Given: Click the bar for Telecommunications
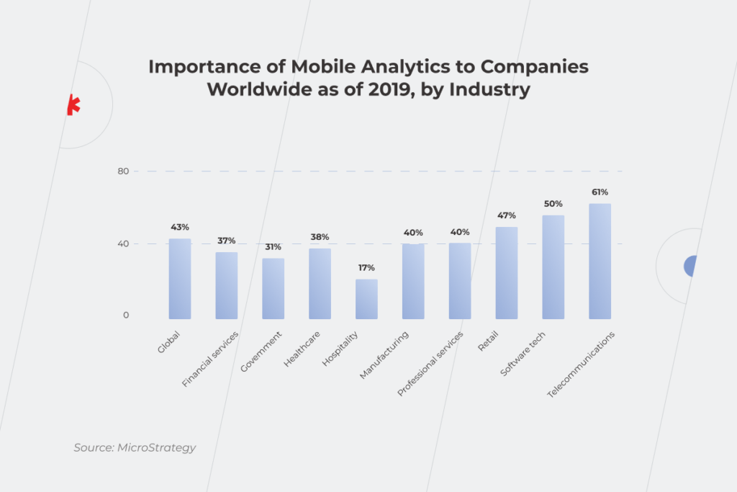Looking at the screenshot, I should (x=600, y=261).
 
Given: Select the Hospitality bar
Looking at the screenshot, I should (x=366, y=299).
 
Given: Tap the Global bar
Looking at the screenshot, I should (x=180, y=279).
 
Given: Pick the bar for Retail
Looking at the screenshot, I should (x=506, y=272).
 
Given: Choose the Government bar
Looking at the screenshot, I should (x=273, y=288).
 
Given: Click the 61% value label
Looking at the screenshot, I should (x=600, y=192).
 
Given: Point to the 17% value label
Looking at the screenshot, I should (x=366, y=268).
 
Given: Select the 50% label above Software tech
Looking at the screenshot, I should (x=553, y=204).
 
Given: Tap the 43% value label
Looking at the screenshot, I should (x=180, y=227).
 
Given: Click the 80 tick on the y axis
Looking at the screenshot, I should (x=122, y=171).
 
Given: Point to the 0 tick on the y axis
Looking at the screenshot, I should (x=125, y=316).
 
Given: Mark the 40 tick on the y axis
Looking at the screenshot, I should (x=122, y=243).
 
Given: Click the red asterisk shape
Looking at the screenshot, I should (x=73, y=105).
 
